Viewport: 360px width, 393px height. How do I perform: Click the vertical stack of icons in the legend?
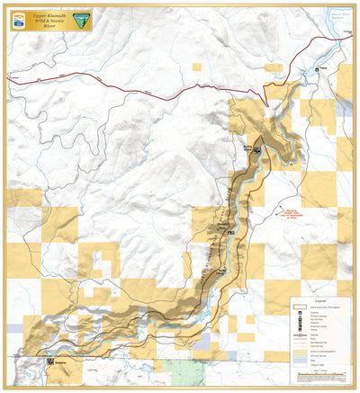click(x=299, y=322)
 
